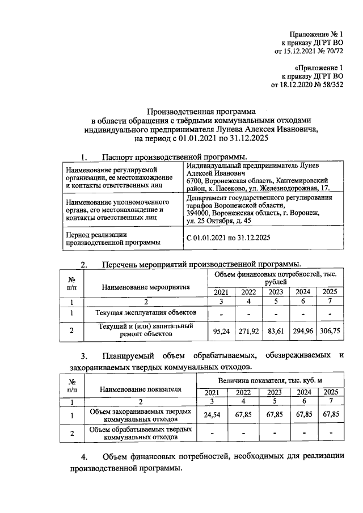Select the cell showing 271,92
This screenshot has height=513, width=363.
tap(248, 330)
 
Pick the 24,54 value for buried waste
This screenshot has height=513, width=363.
tap(211, 414)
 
